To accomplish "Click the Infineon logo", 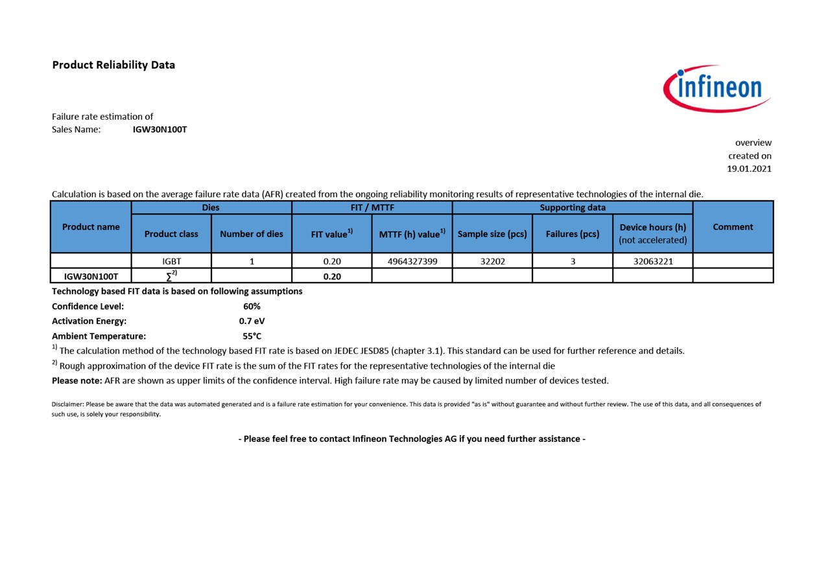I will pyautogui.click(x=717, y=88).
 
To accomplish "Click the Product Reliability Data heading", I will pyautogui.click(x=113, y=65).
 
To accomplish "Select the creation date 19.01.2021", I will pyautogui.click(x=749, y=168).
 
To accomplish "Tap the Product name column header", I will pyautogui.click(x=91, y=227).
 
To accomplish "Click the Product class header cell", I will pyautogui.click(x=171, y=234).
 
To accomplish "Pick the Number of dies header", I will pyautogui.click(x=252, y=234).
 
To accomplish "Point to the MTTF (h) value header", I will pyautogui.click(x=412, y=234).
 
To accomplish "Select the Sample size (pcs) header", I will pyautogui.click(x=492, y=234).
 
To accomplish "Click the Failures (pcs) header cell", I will pyautogui.click(x=573, y=234).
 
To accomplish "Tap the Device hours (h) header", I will pyautogui.click(x=653, y=227).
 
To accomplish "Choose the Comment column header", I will pyautogui.click(x=733, y=227).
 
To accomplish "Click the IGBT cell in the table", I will pyautogui.click(x=171, y=262).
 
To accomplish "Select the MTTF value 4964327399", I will pyautogui.click(x=412, y=262).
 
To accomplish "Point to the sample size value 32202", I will pyautogui.click(x=492, y=262).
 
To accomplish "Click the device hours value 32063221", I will pyautogui.click(x=653, y=262).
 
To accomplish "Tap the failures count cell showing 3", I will pyautogui.click(x=573, y=262).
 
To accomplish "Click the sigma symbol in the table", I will pyautogui.click(x=170, y=277).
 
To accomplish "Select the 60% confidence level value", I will pyautogui.click(x=252, y=306).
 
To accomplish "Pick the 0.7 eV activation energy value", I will pyautogui.click(x=252, y=321).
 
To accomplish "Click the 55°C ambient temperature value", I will pyautogui.click(x=252, y=336).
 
